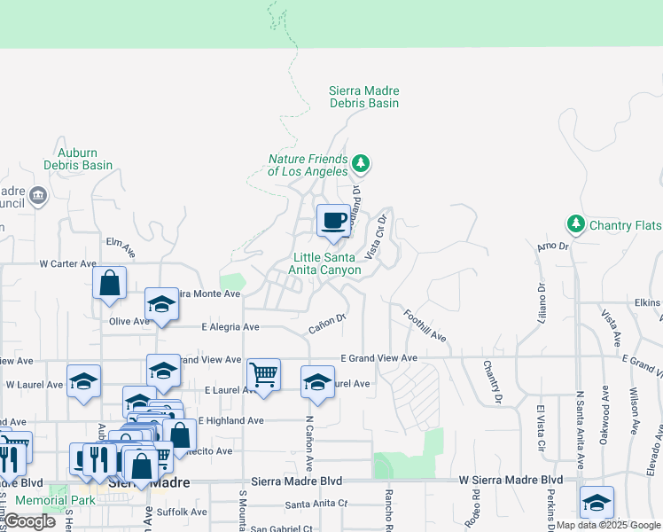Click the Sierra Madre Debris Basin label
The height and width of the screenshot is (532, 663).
point(363,97)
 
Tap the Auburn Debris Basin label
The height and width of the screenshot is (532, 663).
point(79,159)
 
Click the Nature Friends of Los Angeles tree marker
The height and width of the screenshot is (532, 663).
point(360,163)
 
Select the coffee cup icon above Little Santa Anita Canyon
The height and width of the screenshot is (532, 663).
point(334,220)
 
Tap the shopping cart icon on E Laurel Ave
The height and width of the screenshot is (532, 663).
point(264,374)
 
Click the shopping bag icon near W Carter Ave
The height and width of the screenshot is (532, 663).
point(109,283)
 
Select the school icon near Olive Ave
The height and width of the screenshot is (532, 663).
point(162,304)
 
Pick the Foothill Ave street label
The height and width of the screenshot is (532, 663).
point(425,326)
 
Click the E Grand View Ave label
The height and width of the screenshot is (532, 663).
point(378,358)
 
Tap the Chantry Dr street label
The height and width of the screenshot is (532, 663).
point(493,382)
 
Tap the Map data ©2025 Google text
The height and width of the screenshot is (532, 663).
point(608,525)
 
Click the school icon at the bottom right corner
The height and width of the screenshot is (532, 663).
point(597,501)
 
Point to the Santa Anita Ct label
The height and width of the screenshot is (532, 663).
point(316,505)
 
